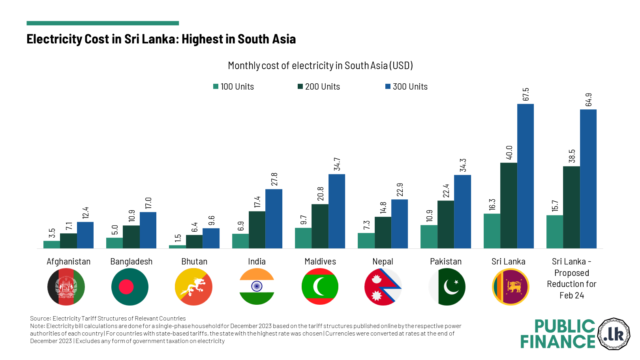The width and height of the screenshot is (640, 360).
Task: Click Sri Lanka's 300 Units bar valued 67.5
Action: click(525, 176)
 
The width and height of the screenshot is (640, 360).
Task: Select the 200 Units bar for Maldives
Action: click(320, 226)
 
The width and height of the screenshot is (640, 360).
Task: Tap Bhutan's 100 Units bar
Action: click(177, 247)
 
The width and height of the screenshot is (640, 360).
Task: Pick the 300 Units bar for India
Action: click(274, 219)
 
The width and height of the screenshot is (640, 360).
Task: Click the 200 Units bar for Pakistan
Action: click(446, 224)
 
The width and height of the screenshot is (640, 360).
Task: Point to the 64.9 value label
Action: click(588, 100)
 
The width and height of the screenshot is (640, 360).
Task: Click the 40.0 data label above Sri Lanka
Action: click(509, 152)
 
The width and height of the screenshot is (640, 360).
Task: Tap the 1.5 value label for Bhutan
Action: click(178, 238)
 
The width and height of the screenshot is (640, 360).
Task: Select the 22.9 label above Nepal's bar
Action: click(400, 190)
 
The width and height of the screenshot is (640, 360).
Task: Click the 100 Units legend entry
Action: click(233, 87)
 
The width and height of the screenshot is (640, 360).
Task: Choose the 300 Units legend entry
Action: click(406, 87)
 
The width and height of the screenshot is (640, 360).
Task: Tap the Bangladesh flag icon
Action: click(130, 287)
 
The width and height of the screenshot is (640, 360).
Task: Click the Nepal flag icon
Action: click(383, 287)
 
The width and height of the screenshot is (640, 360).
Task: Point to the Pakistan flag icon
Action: click(447, 287)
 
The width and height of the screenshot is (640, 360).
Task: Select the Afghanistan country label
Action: click(68, 262)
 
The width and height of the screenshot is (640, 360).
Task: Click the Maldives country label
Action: click(320, 262)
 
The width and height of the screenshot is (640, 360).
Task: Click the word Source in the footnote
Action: click(40, 319)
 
